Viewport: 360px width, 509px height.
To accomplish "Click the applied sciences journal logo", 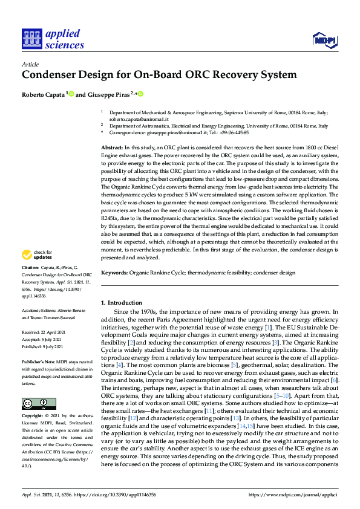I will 53,39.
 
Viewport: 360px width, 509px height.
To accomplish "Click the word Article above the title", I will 30,64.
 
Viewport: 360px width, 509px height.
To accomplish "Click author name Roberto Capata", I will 42,94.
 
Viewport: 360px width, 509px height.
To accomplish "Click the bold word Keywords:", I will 114,273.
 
